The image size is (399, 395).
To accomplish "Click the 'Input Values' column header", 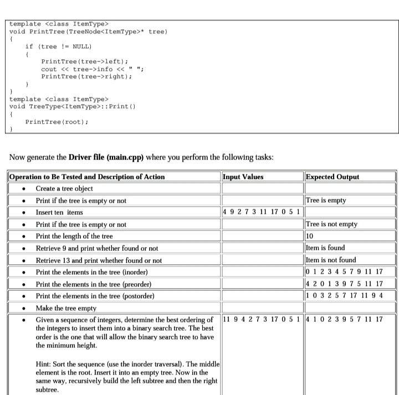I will pos(243,177).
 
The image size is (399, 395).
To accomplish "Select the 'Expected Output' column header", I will pos(332,177).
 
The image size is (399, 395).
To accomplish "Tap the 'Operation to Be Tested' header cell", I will pos(87,177).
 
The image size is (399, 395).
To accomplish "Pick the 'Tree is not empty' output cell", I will pos(331,224).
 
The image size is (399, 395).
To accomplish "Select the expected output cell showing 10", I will pos(310,236).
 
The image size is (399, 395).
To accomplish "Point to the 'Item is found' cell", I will pos(325,248).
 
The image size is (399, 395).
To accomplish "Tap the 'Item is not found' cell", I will pos(331,260).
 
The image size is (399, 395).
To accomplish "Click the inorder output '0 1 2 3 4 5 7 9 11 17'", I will pos(344,271).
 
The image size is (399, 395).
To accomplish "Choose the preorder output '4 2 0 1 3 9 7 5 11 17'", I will pos(344,284).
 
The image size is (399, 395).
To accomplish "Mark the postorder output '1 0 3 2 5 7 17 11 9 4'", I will pos(344,296).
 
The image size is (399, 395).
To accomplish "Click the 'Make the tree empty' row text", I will pos(66,308).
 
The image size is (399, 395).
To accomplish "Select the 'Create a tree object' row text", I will pos(64,188).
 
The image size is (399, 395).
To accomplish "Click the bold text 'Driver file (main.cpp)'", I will pos(106,157).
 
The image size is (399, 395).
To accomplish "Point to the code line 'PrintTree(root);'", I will pos(57,121).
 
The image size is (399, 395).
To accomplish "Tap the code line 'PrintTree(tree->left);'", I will pos(85,61).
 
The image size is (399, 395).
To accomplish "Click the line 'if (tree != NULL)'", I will pos(58,47).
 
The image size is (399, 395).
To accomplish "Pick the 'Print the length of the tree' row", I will pos(74,236).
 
